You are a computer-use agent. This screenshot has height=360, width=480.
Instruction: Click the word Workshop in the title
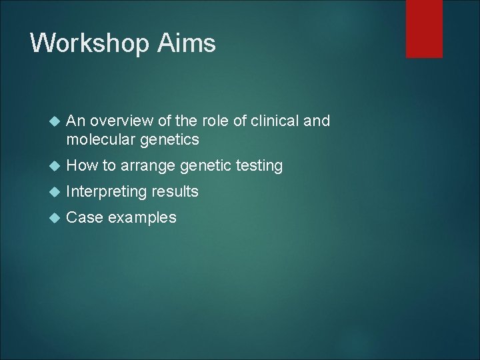(89, 43)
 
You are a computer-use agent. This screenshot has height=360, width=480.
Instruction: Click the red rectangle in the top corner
(424, 28)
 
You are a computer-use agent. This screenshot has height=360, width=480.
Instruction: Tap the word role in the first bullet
(213, 121)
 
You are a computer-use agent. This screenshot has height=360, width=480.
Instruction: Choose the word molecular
(97, 139)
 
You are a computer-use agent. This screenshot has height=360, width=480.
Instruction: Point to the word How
(81, 165)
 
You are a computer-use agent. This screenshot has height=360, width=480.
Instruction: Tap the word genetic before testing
(201, 166)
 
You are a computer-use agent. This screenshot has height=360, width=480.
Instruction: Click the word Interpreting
(107, 192)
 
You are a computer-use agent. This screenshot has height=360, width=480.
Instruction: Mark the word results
(175, 191)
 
